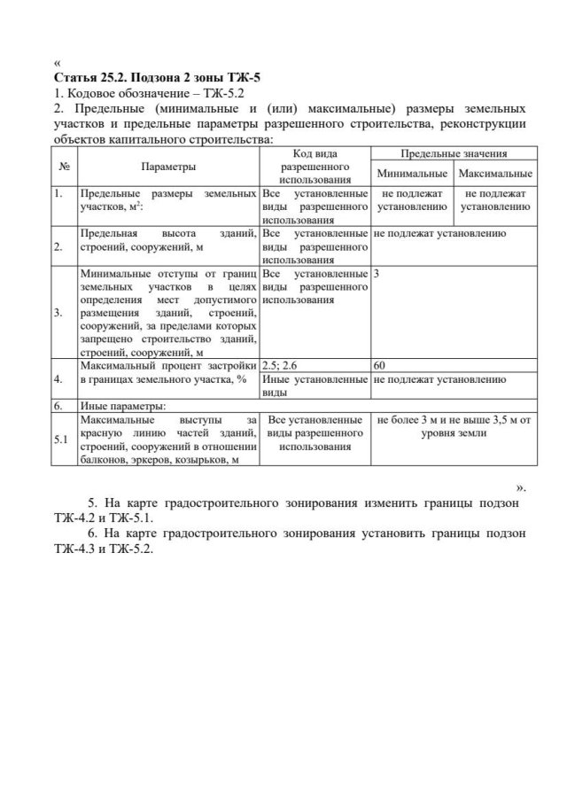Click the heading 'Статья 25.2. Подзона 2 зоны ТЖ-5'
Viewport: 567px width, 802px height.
coord(157,77)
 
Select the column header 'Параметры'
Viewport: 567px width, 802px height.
coord(167,166)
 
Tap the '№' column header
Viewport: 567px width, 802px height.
coord(65,166)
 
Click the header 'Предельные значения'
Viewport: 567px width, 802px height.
coord(453,153)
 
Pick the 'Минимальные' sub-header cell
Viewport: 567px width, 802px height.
coord(412,173)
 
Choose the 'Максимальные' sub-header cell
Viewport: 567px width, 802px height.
coord(495,173)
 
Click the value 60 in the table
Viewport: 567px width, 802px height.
coord(380,365)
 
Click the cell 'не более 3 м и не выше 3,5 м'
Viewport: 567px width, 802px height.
coord(453,425)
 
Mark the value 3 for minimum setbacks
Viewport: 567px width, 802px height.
coord(377,275)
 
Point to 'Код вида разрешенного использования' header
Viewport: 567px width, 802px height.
coord(315,166)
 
